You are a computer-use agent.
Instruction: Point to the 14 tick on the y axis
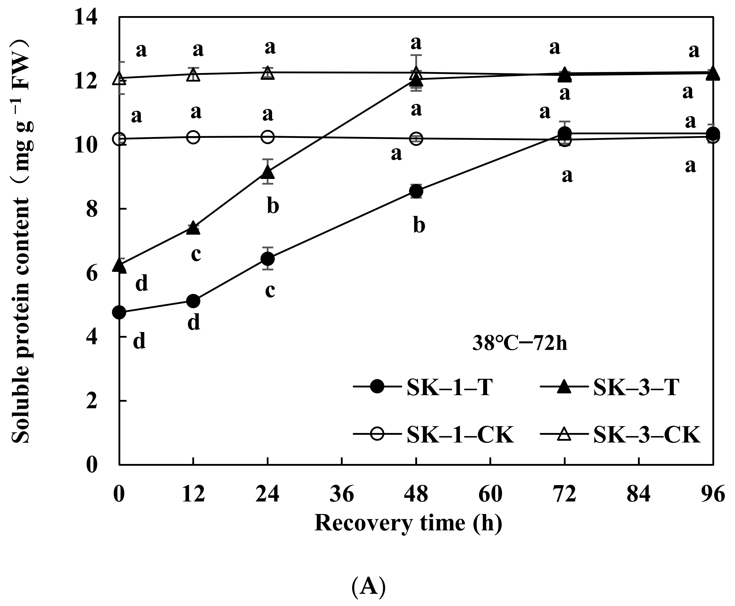pyautogui.click(x=85, y=18)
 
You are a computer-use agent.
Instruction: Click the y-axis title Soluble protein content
pyautogui.click(x=21, y=241)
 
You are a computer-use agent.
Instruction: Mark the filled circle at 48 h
pyautogui.click(x=416, y=191)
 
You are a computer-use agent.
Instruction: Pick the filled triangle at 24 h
pyautogui.click(x=268, y=172)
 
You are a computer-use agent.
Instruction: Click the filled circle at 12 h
pyautogui.click(x=193, y=300)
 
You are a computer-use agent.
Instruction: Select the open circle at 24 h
pyautogui.click(x=268, y=137)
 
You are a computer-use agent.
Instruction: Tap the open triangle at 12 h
pyautogui.click(x=193, y=74)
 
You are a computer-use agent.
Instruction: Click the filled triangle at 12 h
pyautogui.click(x=193, y=228)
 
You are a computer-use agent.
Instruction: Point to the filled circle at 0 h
pyautogui.click(x=119, y=312)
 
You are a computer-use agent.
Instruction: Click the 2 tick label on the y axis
pyautogui.click(x=91, y=401)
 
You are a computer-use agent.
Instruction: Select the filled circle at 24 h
pyautogui.click(x=268, y=259)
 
